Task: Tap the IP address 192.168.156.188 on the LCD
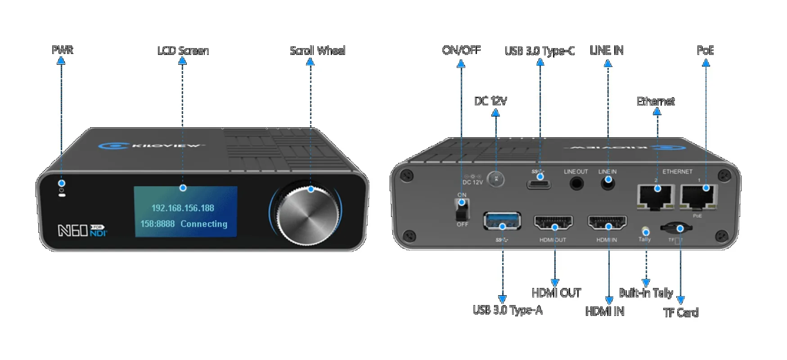183,208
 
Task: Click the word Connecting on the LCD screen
204,224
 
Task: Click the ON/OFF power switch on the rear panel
462,209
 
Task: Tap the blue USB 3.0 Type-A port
502,221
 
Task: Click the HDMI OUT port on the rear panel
553,223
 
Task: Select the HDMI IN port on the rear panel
607,223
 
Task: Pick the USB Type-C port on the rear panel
540,184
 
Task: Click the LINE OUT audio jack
576,183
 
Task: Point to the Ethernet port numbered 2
656,196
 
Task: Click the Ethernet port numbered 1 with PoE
699,196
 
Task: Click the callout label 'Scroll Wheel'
317,50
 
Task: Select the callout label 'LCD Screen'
183,50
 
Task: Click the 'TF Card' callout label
681,312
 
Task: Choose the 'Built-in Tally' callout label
646,293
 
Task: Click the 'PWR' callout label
62,49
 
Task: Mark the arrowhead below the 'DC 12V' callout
495,112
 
